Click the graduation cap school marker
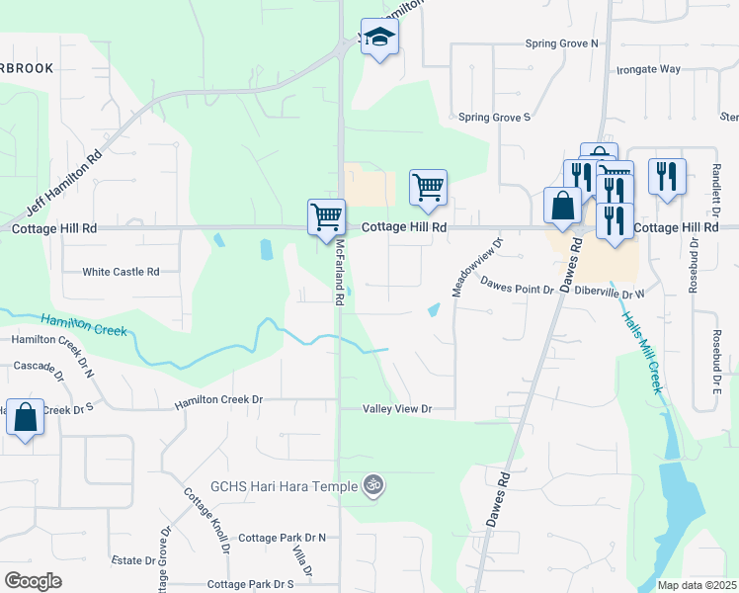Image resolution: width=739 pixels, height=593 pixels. pyautogui.click(x=378, y=38)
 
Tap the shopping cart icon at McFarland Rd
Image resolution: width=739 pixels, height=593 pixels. pyautogui.click(x=326, y=216)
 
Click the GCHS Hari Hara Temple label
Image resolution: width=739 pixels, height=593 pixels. pyautogui.click(x=286, y=486)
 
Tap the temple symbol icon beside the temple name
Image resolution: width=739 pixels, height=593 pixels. pyautogui.click(x=372, y=485)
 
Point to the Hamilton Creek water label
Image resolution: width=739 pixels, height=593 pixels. pyautogui.click(x=84, y=323)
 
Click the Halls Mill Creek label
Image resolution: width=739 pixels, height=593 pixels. pyautogui.click(x=640, y=353)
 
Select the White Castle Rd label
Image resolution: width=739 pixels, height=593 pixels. pyautogui.click(x=121, y=272)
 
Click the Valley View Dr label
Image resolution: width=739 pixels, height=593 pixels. pyautogui.click(x=398, y=408)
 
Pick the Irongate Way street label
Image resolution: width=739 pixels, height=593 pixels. pyautogui.click(x=649, y=69)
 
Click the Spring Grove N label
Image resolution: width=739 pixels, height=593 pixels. pyautogui.click(x=562, y=43)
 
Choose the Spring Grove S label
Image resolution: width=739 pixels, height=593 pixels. pyautogui.click(x=495, y=117)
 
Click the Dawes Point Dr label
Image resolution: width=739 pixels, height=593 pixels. pyautogui.click(x=518, y=288)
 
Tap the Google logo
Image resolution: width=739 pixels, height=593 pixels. pyautogui.click(x=33, y=581)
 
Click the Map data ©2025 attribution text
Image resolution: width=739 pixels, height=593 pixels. pyautogui.click(x=698, y=585)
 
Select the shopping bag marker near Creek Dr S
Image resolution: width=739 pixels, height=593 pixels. pyautogui.click(x=25, y=416)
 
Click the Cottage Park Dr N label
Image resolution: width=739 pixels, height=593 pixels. pyautogui.click(x=283, y=538)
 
